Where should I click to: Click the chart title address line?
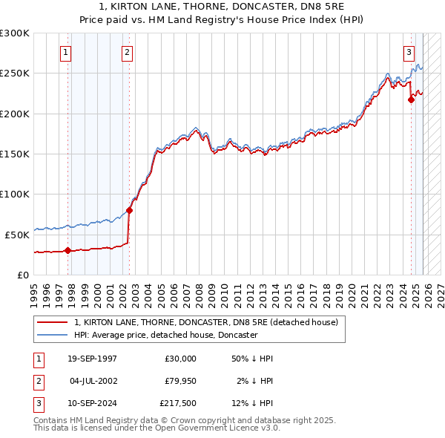coord(222,7)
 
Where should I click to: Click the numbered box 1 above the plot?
coord(67,52)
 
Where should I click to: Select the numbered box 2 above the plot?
coord(128,52)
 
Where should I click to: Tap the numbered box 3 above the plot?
coord(409,52)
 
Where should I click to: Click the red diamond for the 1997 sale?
coord(68,250)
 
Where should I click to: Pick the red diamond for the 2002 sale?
coord(129,210)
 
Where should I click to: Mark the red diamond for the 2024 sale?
coord(412,99)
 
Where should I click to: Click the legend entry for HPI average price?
coord(165,335)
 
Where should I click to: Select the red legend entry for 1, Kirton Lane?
coord(206,322)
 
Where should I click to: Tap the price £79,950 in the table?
coord(177,382)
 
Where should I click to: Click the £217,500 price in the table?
coord(177,405)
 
